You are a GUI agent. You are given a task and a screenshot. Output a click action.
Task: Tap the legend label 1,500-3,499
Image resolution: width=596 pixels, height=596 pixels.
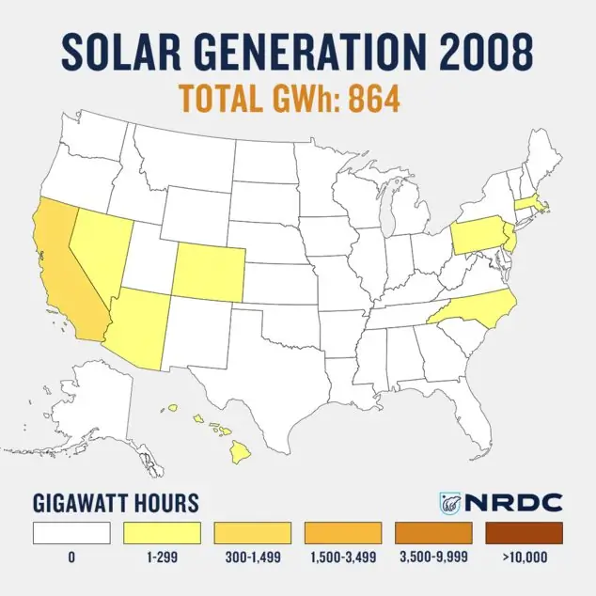click(x=342, y=557)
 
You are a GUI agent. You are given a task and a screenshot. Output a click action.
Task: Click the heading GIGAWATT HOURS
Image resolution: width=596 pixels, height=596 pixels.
click(x=117, y=502)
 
